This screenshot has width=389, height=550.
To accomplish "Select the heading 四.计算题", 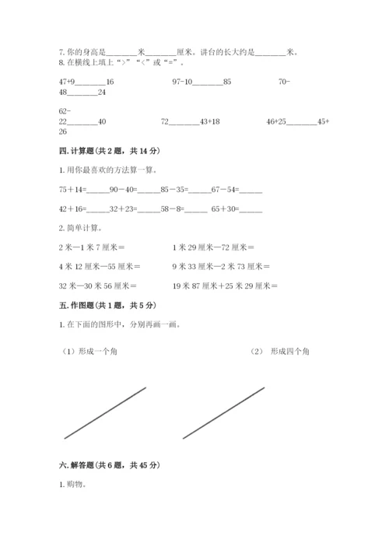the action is click(80, 151).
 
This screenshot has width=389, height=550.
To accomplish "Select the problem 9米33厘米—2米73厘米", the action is click(221, 267).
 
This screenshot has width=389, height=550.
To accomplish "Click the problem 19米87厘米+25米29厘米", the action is click(226, 286).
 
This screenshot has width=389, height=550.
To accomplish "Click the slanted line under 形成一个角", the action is click(105, 413).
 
